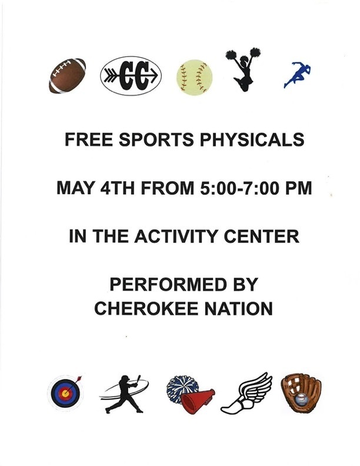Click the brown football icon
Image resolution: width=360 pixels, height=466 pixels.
point(67,75)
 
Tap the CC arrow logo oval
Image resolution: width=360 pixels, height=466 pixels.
point(131,75)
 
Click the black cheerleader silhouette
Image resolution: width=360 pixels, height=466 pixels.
point(242,69)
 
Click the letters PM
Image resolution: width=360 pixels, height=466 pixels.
point(298,189)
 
